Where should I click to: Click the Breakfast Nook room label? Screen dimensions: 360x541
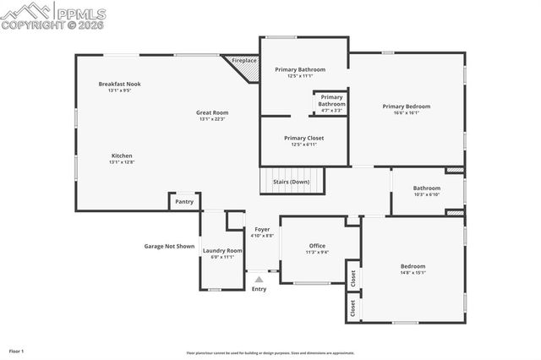click(x=119, y=84)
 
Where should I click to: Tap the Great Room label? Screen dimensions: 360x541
click(x=213, y=112)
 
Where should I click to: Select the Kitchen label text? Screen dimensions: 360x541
click(x=122, y=155)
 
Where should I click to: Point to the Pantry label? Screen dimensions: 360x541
click(x=184, y=202)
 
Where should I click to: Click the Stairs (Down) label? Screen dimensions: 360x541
click(x=291, y=182)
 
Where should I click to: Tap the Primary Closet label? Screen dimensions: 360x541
click(x=303, y=138)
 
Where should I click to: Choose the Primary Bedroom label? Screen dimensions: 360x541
click(x=406, y=106)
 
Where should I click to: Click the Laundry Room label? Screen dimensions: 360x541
click(x=223, y=250)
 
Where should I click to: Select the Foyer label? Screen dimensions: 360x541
click(x=262, y=229)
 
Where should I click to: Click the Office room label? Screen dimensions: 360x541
click(x=317, y=245)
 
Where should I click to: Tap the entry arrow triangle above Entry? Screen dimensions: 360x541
click(x=259, y=279)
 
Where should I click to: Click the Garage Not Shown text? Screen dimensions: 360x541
click(x=169, y=247)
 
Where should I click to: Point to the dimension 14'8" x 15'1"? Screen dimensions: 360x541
click(x=413, y=273)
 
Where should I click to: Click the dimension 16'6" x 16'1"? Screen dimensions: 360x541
click(x=406, y=112)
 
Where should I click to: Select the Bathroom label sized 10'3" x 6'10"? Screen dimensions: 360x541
click(x=426, y=188)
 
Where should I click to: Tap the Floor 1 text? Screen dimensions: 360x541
click(x=17, y=350)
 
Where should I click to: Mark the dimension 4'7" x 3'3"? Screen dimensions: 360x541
click(x=331, y=110)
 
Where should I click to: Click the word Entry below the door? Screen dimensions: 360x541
click(x=259, y=289)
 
